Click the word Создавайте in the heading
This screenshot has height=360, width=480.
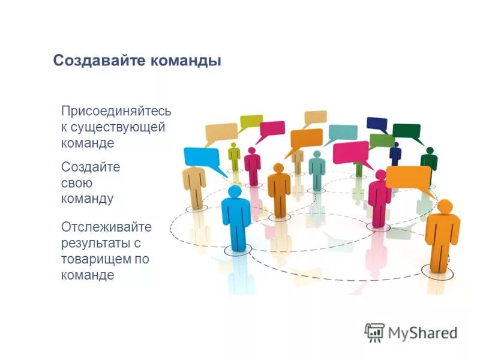94,61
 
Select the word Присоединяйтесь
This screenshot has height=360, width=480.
116,112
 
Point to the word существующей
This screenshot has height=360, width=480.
118,127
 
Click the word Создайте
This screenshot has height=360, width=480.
91,167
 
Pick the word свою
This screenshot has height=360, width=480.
77,182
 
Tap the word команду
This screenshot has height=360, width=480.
87,199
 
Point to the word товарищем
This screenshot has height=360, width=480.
97,259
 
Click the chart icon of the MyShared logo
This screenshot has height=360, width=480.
374,332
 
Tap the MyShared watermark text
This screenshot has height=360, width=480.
423,332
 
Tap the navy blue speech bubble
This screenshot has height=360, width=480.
377,124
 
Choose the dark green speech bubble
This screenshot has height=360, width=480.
407,131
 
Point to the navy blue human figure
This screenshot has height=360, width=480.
395,155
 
